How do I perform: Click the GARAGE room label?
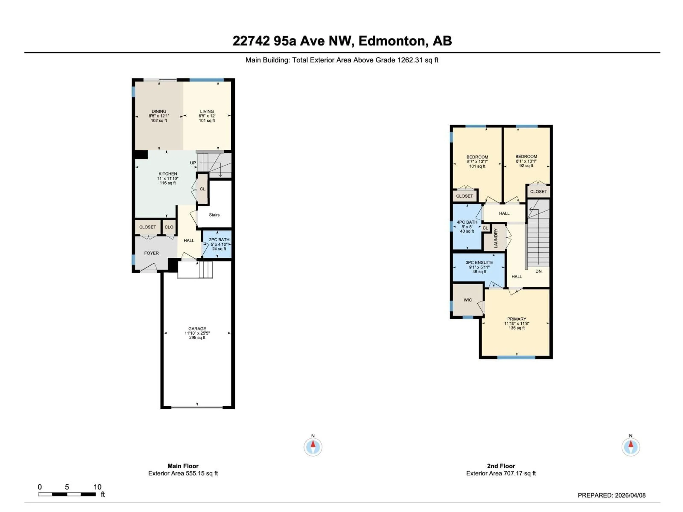[x=197, y=329]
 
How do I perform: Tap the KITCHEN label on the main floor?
[x=168, y=174]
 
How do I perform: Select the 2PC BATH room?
[x=219, y=244]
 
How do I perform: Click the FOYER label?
[x=151, y=253]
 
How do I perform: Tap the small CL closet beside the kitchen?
[x=203, y=189]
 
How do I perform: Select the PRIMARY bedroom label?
[x=516, y=319]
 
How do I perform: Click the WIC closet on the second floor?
[x=467, y=300]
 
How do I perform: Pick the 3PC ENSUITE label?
[x=479, y=263]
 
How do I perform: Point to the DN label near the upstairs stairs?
[x=538, y=271]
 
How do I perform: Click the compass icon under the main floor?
[x=313, y=447]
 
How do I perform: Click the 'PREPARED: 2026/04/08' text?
[x=611, y=495]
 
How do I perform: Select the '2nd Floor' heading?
[x=501, y=466]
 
